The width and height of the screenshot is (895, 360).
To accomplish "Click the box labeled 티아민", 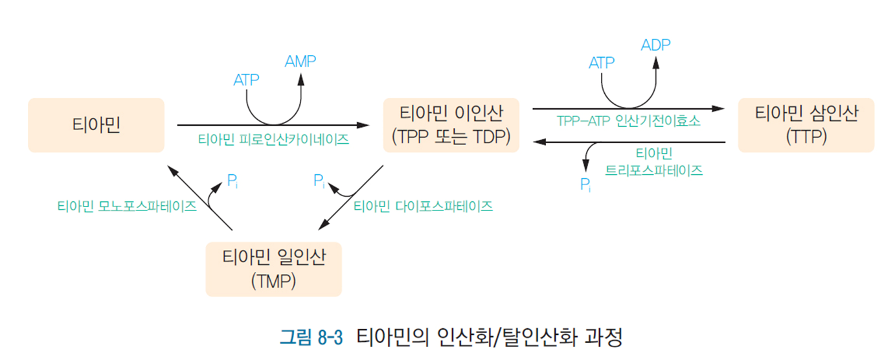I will [96, 125].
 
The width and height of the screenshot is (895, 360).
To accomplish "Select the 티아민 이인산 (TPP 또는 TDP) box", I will [451, 125].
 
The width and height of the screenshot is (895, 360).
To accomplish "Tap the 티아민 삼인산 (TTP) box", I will [806, 125].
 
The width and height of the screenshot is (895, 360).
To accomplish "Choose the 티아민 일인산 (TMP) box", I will [273, 269].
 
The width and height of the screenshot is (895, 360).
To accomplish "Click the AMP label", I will [300, 62].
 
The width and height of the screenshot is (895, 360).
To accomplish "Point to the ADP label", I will [655, 45].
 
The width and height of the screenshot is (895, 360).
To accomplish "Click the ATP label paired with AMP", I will [246, 80].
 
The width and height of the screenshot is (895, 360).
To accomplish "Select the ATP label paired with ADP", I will [602, 63].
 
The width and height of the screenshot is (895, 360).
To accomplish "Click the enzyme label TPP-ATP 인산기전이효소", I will [628, 122].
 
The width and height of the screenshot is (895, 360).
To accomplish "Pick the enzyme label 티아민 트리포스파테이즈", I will [654, 163].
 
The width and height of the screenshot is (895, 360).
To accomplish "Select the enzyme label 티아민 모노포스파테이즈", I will [127, 207].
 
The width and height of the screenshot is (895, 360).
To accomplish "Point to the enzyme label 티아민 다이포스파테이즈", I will [423, 207].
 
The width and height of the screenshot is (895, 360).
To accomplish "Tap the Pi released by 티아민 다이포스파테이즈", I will [319, 181].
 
